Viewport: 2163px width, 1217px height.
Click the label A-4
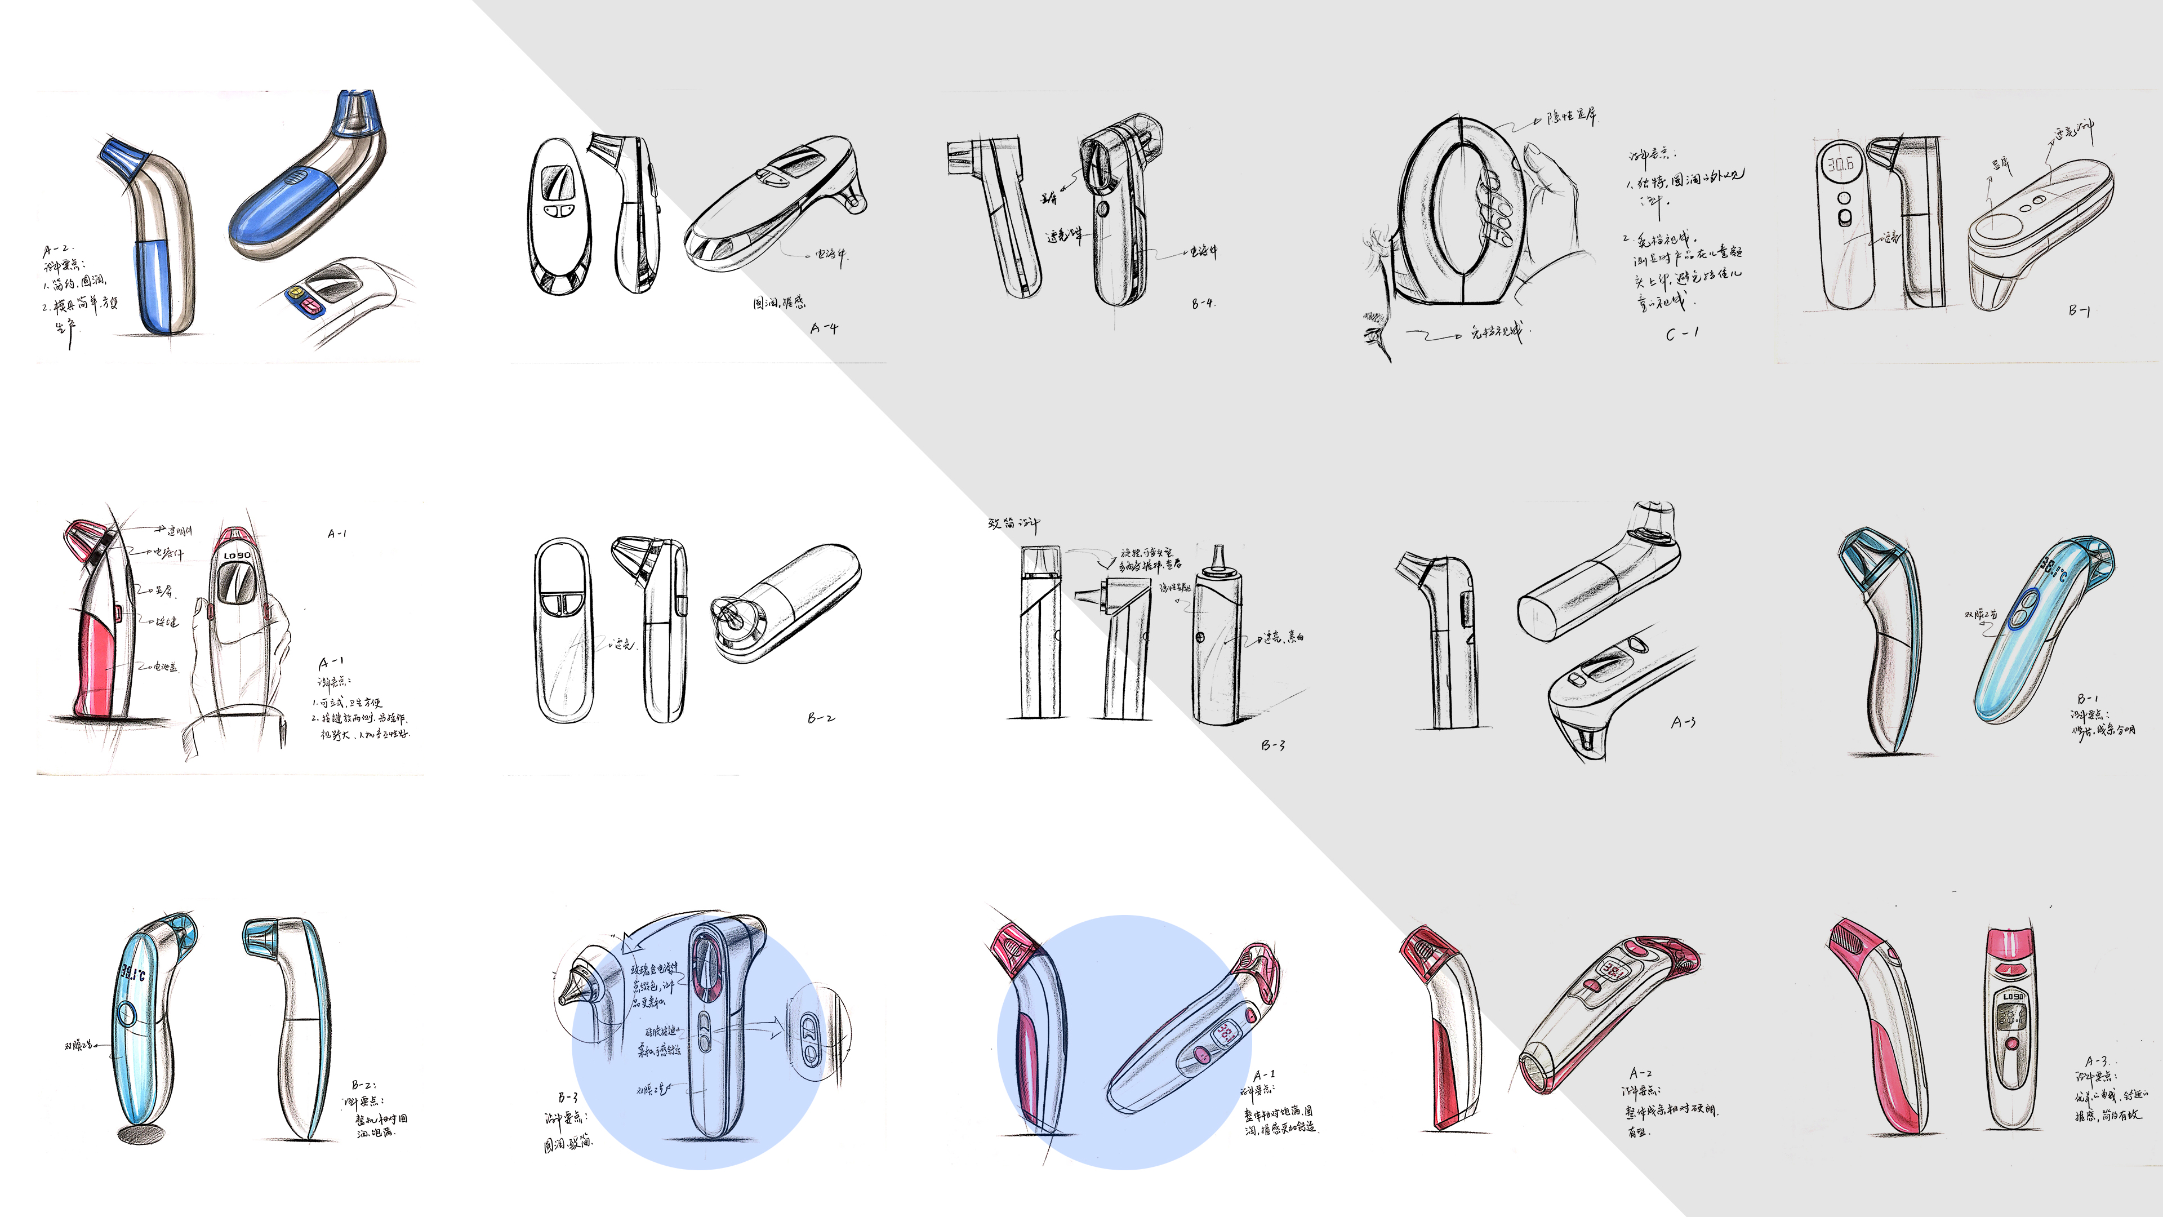(x=824, y=328)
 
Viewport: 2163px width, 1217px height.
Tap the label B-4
(x=1203, y=303)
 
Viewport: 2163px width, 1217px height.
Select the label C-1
(x=1682, y=334)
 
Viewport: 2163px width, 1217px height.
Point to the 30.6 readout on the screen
(x=1840, y=165)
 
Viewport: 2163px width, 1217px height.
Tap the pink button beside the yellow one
(x=310, y=307)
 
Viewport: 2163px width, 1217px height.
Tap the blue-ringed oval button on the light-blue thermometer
(x=2024, y=608)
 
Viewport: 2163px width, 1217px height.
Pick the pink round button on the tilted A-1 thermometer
(x=1201, y=1055)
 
